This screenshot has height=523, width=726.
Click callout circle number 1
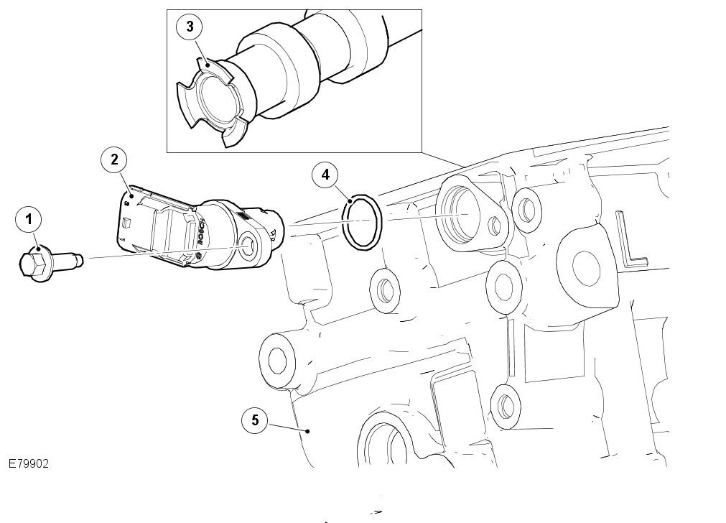pyautogui.click(x=29, y=218)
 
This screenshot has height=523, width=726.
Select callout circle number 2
pyautogui.click(x=113, y=159)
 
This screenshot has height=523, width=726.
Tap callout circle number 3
pyautogui.click(x=189, y=27)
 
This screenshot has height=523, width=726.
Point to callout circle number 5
pyautogui.click(x=255, y=420)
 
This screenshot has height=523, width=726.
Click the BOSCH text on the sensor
pyautogui.click(x=202, y=233)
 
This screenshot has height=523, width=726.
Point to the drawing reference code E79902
pyautogui.click(x=29, y=465)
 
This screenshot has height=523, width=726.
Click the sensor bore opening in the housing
pyautogui.click(x=460, y=213)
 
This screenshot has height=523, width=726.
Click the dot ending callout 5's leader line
pyautogui.click(x=307, y=431)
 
